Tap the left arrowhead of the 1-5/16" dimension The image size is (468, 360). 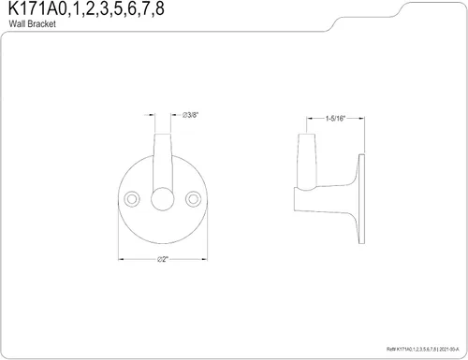coord(302,120)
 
